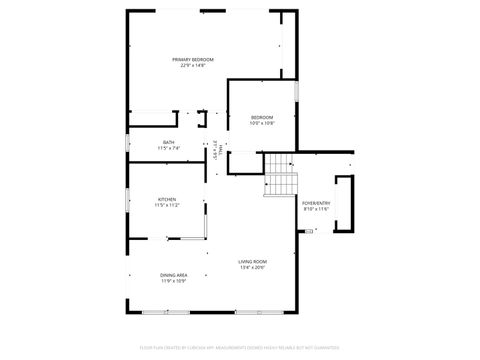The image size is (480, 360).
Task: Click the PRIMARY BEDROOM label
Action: point(193,59)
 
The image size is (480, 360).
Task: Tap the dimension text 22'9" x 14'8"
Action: point(193,66)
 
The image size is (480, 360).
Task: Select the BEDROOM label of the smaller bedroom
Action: point(262,117)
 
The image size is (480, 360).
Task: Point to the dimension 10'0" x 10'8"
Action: point(262,124)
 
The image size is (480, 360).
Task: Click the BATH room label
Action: point(169,142)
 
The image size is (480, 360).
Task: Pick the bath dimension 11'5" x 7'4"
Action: point(169,148)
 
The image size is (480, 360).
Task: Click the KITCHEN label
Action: point(167,199)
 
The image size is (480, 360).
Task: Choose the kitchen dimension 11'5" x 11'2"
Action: point(167,206)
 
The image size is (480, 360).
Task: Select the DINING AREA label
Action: point(172,274)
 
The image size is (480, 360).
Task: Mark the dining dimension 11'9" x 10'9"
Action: point(172,281)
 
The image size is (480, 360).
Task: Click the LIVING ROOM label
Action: point(252,261)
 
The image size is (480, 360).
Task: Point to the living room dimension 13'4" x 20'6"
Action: point(252,268)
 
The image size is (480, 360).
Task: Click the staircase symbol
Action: point(281,175)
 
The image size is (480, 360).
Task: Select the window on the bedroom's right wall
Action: point(297,90)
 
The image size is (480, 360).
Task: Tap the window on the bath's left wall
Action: point(127,141)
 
